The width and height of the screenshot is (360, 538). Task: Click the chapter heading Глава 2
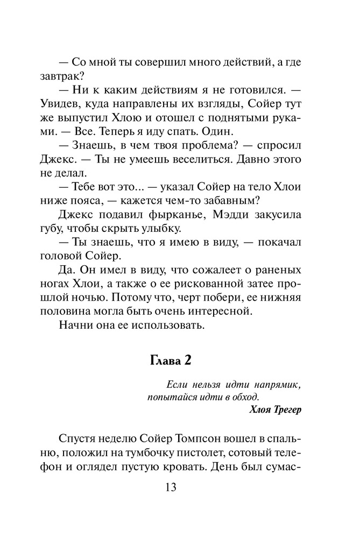[x=179, y=359]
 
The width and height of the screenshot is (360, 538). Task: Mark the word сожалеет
[x=203, y=269]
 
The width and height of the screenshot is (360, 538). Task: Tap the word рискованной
[x=210, y=283]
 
